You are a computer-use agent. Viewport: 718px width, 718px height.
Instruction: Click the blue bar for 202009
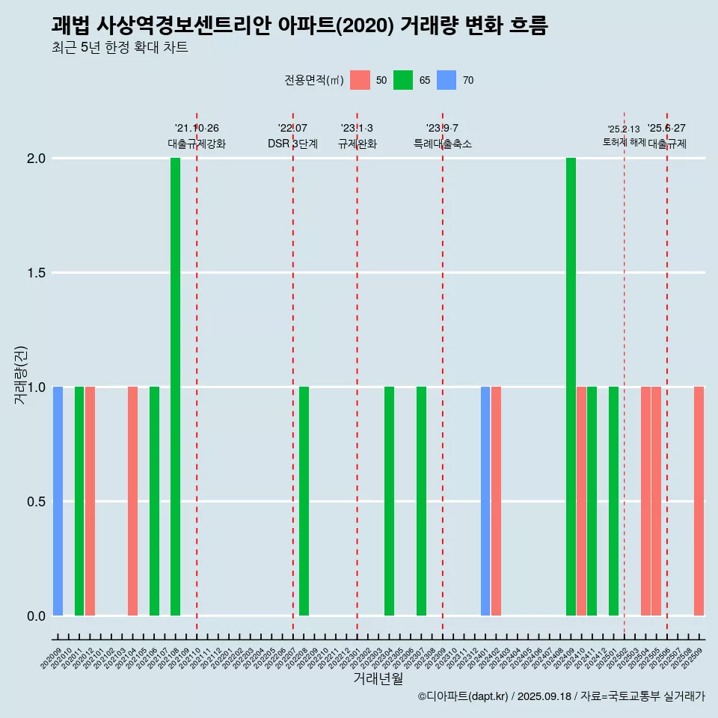pyautogui.click(x=58, y=501)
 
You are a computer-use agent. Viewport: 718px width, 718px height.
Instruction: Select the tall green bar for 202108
pyautogui.click(x=175, y=387)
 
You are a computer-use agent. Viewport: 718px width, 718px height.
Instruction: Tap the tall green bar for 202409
pyautogui.click(x=571, y=387)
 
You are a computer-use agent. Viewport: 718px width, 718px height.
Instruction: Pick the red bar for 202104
pyautogui.click(x=132, y=501)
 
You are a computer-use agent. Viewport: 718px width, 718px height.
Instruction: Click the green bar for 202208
pyautogui.click(x=304, y=501)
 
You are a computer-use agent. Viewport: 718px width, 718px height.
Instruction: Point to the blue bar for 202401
pyautogui.click(x=485, y=501)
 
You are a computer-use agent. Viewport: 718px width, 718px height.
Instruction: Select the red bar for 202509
pyautogui.click(x=699, y=501)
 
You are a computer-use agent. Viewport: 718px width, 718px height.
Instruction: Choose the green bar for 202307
pyautogui.click(x=421, y=501)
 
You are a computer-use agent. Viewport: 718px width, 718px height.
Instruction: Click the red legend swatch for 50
pyautogui.click(x=360, y=80)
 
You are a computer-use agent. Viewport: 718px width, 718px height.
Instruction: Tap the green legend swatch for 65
pyautogui.click(x=403, y=80)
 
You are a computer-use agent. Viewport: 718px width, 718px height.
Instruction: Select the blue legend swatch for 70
pyautogui.click(x=447, y=80)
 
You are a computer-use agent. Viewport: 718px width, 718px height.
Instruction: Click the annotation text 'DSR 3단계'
pyautogui.click(x=292, y=144)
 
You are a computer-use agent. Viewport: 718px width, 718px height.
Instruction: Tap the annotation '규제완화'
pyautogui.click(x=357, y=144)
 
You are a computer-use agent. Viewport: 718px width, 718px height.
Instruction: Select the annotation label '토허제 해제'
pyautogui.click(x=624, y=142)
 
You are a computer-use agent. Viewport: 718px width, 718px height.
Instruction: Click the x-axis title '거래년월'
pyautogui.click(x=378, y=678)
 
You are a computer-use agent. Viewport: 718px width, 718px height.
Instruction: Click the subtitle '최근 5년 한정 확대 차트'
pyautogui.click(x=120, y=48)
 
